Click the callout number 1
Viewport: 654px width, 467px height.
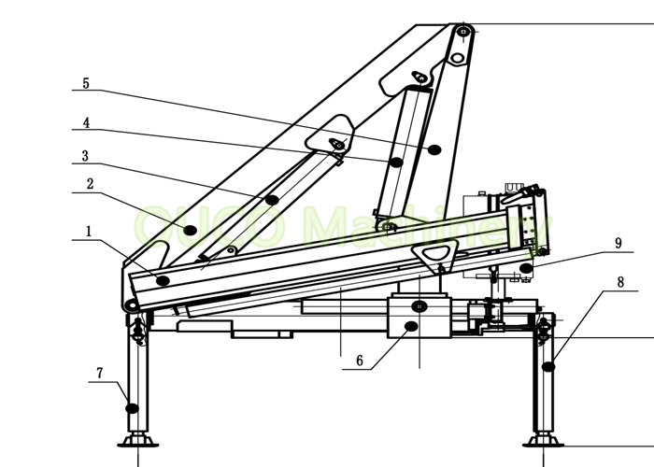click(x=90, y=231)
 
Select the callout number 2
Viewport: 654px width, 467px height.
click(x=90, y=184)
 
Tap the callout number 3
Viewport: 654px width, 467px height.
click(x=85, y=156)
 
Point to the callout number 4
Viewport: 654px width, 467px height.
click(x=86, y=122)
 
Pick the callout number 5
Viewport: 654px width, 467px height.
click(x=86, y=83)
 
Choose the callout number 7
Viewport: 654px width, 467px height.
click(x=99, y=374)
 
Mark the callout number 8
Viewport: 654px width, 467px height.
click(x=619, y=281)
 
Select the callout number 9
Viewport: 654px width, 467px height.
click(x=618, y=243)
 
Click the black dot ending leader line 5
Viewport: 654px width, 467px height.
click(x=434, y=149)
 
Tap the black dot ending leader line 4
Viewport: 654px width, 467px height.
click(x=397, y=163)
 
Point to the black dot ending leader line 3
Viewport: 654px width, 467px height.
click(x=272, y=200)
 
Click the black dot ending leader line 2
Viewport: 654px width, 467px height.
click(x=190, y=229)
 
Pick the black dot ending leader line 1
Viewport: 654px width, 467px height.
click(x=163, y=280)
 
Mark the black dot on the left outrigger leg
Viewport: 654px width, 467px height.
click(x=133, y=408)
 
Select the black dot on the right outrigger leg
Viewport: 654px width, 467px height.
click(x=549, y=367)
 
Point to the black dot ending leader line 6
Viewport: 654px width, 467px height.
click(x=409, y=326)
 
